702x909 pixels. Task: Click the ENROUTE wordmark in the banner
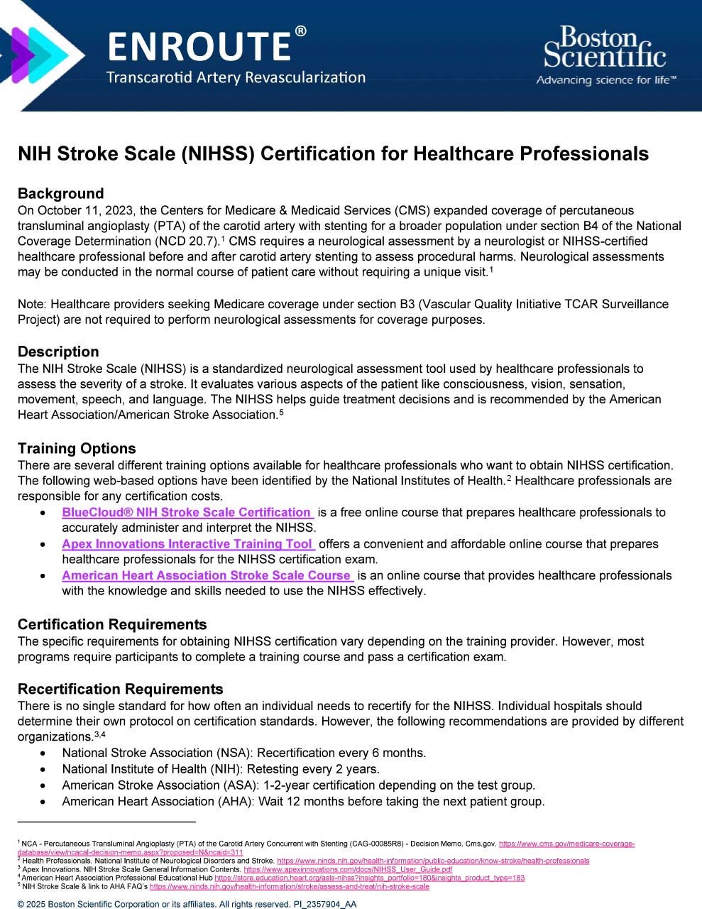tap(199, 46)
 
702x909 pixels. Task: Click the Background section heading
tap(60, 194)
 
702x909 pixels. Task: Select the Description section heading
tap(58, 352)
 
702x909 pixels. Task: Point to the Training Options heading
tap(77, 449)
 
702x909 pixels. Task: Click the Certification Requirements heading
tap(112, 625)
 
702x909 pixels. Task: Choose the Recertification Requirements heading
tap(120, 690)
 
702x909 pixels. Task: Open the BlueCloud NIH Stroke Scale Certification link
tap(187, 513)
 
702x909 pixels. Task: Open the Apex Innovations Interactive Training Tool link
tap(187, 544)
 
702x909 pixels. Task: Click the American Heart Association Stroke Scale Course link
tap(207, 576)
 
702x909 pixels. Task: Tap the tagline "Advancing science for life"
tap(606, 80)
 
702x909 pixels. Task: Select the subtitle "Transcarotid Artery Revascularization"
tap(236, 77)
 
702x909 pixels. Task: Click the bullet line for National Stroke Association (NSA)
tap(243, 753)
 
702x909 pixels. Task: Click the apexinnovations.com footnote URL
tap(348, 869)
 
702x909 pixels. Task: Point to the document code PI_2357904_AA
tap(324, 904)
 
